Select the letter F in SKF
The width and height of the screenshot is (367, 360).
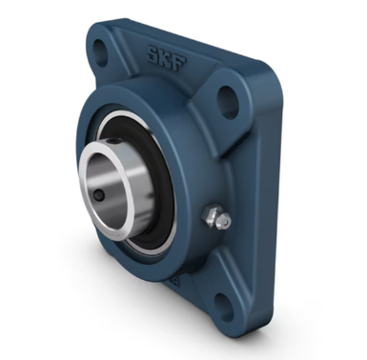(181, 63)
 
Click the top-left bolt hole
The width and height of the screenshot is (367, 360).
(101, 50)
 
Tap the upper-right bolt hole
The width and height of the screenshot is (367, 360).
(228, 102)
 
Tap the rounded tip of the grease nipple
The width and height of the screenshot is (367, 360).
(225, 223)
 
